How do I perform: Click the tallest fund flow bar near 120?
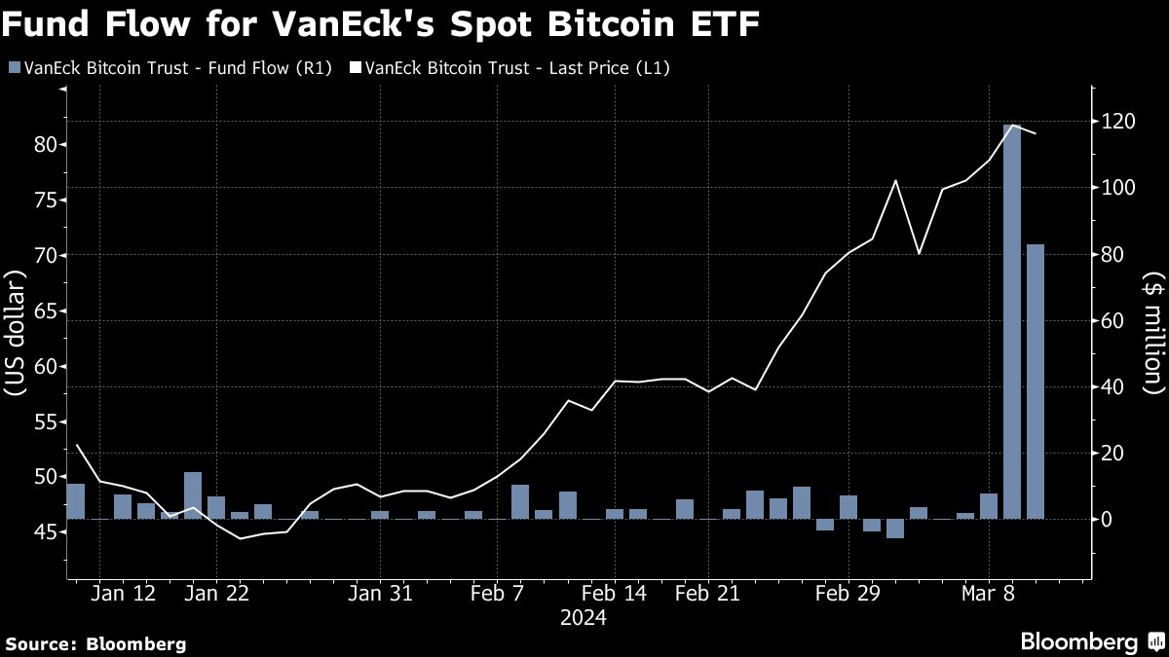1012,321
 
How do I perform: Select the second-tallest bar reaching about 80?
1035,382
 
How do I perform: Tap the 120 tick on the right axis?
1114,122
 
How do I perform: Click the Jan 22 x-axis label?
217,594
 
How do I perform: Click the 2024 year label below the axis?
583,618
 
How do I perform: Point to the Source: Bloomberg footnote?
94,643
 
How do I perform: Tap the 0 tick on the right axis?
1107,520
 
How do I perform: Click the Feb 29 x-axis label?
847,594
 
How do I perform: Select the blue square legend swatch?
13,67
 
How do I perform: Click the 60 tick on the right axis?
1111,321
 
